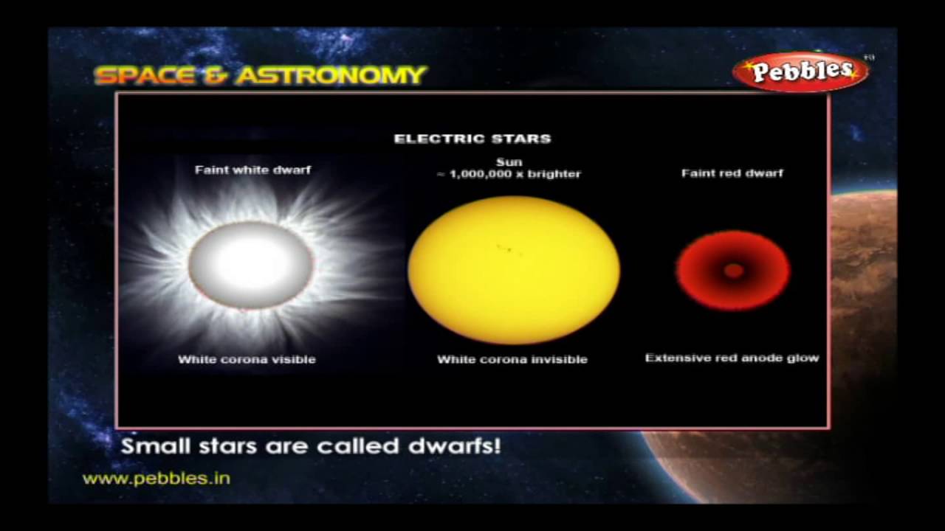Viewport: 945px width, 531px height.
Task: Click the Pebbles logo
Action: coord(800,72)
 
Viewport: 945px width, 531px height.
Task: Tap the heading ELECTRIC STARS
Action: coord(472,139)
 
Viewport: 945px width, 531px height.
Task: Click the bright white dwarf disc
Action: coord(251,264)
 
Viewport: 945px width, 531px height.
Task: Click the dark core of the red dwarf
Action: coord(733,271)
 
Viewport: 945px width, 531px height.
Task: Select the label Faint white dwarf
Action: coord(252,170)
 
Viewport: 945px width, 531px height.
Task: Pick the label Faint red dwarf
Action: coord(732,173)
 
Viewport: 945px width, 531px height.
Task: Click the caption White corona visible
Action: coord(247,360)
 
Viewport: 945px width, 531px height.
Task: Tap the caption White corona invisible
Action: coord(512,360)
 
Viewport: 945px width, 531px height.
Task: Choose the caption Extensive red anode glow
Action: coord(732,358)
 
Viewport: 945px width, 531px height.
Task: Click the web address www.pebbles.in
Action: coord(157,479)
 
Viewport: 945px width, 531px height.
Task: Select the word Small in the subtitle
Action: coord(149,446)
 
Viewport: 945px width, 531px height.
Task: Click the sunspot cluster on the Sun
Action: coord(507,249)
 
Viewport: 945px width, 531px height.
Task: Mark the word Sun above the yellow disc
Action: coord(509,162)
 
